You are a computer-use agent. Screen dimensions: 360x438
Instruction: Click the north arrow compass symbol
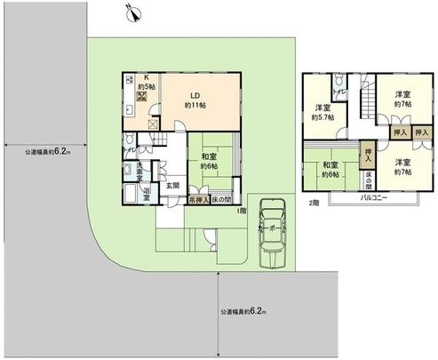(131, 12)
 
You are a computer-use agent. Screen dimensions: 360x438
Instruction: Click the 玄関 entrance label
(170, 186)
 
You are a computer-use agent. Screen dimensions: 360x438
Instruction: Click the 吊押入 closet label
(199, 200)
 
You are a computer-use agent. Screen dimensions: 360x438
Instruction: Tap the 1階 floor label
(241, 211)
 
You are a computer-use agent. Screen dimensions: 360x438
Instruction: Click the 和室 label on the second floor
(330, 165)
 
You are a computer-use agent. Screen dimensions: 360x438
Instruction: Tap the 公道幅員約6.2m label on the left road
(47, 152)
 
